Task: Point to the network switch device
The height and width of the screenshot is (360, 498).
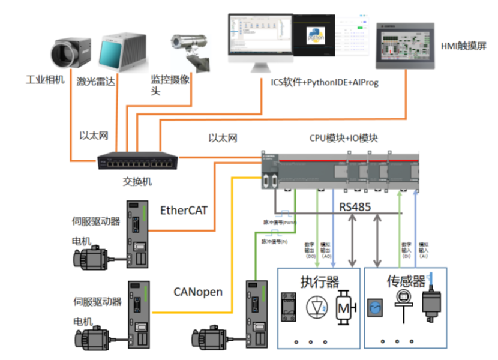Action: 138,160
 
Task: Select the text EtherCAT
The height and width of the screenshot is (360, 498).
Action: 185,211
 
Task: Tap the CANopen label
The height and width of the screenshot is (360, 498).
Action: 198,292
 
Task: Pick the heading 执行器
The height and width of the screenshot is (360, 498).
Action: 319,281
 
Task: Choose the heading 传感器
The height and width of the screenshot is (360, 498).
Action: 406,281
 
